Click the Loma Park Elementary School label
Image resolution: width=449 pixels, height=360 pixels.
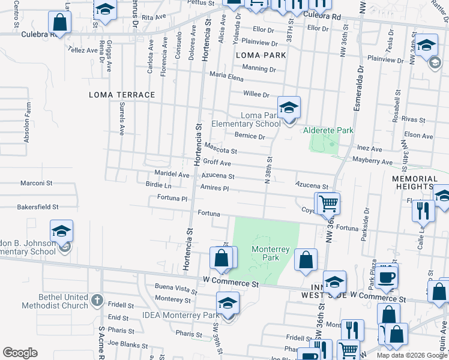tap(246, 119)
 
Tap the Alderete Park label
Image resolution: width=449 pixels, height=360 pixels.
tap(328, 130)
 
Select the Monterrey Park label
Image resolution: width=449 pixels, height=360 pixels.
tap(271, 253)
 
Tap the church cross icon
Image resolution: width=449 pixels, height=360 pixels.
tap(98, 298)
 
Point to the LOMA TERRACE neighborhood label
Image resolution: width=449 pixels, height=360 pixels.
tap(122, 95)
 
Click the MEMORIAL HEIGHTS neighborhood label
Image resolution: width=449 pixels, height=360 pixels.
tap(415, 183)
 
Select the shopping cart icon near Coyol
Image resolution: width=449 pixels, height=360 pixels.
tap(328, 203)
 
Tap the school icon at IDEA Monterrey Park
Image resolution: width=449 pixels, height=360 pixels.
tap(228, 303)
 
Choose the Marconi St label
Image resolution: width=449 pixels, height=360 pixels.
tap(37, 182)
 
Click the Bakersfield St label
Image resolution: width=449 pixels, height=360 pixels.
tap(37, 206)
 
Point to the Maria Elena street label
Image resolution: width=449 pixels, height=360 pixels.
tap(226, 77)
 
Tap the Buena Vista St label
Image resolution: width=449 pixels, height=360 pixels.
tap(176, 289)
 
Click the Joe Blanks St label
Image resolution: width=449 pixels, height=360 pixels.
tap(127, 346)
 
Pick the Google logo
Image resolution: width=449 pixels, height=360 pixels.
tap(20, 353)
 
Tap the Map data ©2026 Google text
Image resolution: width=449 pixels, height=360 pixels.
tap(411, 355)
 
